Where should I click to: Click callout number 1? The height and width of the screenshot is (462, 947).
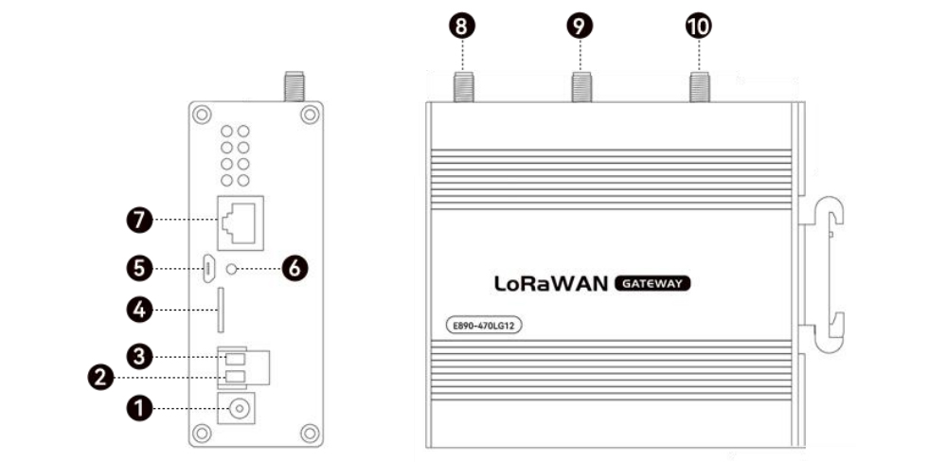pos(139,408)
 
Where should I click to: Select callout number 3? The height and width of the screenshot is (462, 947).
pos(139,357)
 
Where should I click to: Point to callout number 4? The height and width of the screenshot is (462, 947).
pos(139,309)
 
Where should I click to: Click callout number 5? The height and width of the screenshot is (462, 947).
pos(139,269)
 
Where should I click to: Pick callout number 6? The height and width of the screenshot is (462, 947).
pos(295,269)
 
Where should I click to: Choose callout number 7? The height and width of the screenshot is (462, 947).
pos(139,221)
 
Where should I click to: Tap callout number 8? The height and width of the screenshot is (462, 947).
pos(461,26)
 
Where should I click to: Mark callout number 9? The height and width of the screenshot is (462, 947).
pos(581,26)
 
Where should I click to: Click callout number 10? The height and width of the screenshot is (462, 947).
pos(698,26)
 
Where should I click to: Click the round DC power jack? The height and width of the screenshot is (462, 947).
pos(238,409)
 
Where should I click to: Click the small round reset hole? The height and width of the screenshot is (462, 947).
pos(232,269)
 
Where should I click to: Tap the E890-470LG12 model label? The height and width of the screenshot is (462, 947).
pos(486,326)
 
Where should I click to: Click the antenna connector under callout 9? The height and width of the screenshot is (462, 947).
pos(581,88)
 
